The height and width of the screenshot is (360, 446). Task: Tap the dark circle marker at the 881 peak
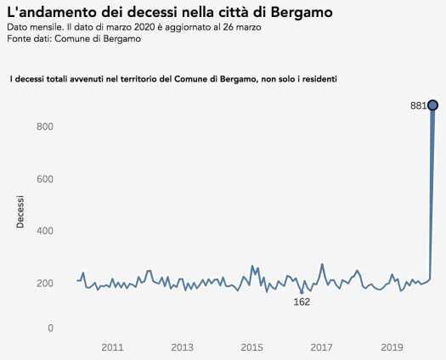pyautogui.click(x=432, y=104)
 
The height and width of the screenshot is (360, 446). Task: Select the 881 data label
pyautogui.click(x=418, y=106)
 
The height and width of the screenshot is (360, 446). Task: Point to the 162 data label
pyautogui.click(x=302, y=301)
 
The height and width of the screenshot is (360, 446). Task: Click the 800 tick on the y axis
pyautogui.click(x=44, y=127)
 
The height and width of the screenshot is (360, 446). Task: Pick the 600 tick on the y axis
pyautogui.click(x=44, y=179)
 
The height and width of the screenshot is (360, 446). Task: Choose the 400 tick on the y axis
pyautogui.click(x=44, y=231)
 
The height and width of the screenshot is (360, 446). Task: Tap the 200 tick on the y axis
pyautogui.click(x=44, y=284)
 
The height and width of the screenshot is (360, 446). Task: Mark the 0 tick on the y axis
pyautogui.click(x=50, y=328)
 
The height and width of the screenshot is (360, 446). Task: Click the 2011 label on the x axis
pyautogui.click(x=112, y=346)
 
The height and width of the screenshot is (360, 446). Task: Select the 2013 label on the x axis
pyautogui.click(x=182, y=346)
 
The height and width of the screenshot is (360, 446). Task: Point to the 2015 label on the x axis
pyautogui.click(x=251, y=346)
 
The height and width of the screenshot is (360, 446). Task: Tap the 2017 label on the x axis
pyautogui.click(x=321, y=346)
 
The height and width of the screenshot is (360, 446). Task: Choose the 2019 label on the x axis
pyautogui.click(x=391, y=346)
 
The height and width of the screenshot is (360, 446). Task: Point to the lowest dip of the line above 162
pyautogui.click(x=302, y=293)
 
